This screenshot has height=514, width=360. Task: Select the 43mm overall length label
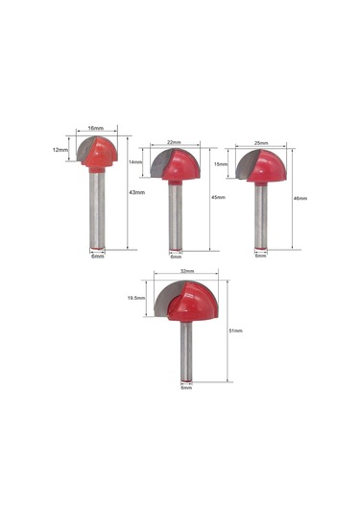pos(137,193)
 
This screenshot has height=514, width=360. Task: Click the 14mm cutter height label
pos(135,162)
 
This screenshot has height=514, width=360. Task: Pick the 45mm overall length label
pos(219,198)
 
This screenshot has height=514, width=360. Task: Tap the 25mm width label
pos(260,142)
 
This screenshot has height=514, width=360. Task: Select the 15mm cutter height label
pos(220,164)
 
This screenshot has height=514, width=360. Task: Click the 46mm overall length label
pos(300,199)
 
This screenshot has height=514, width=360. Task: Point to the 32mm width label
pos(187,272)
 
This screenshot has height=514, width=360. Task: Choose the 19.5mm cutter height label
pos(135,298)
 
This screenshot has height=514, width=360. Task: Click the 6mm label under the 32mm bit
pos(186,388)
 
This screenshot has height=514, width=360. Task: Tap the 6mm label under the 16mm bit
pos(97,257)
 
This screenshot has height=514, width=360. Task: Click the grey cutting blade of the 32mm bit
pos(165,293)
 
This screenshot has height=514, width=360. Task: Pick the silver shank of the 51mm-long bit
pos(186,351)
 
